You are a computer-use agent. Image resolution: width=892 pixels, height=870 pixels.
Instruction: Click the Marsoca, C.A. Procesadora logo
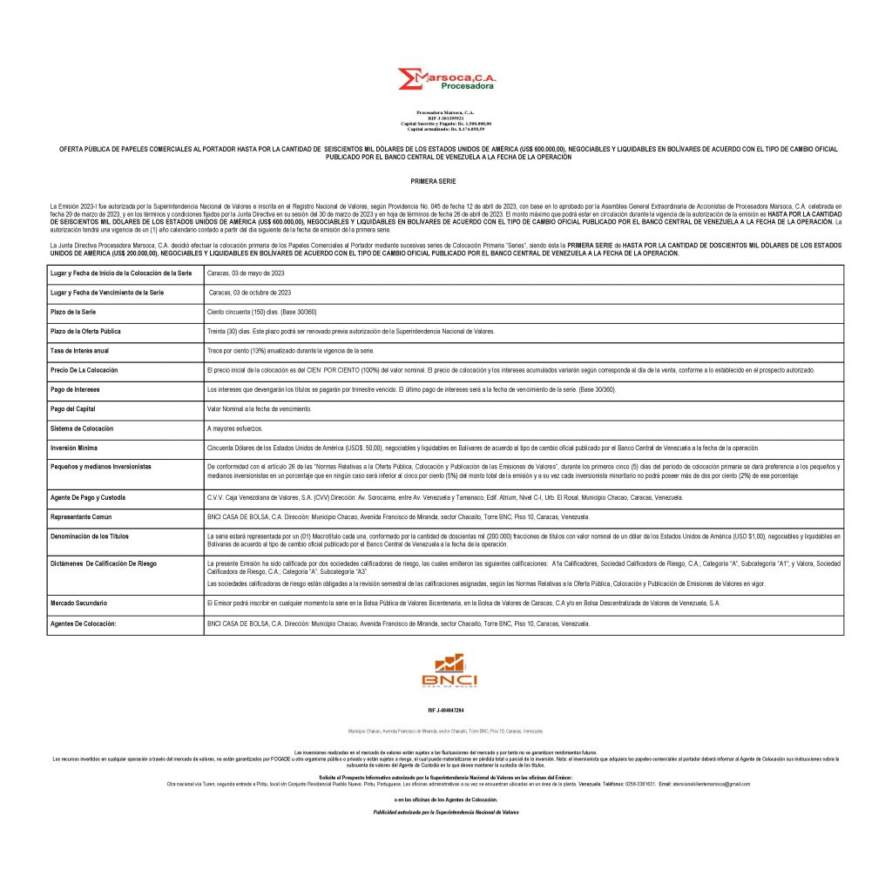click(445, 80)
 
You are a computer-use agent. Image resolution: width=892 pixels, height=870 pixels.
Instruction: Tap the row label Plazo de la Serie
click(73, 312)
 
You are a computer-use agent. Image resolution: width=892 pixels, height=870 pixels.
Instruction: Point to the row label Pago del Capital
click(73, 408)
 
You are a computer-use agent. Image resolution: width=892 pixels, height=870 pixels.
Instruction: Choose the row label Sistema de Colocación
click(81, 428)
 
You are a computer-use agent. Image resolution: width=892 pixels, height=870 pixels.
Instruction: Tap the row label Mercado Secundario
click(78, 603)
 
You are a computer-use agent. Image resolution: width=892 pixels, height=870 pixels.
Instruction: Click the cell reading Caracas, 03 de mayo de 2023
click(246, 273)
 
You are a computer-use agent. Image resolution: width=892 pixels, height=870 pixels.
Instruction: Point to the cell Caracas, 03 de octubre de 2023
click(248, 293)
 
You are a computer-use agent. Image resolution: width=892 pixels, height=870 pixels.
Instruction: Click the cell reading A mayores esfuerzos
click(234, 428)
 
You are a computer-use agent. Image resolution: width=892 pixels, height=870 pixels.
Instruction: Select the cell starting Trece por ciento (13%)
click(290, 350)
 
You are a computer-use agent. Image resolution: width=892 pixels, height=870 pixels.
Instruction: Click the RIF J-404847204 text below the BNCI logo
click(445, 711)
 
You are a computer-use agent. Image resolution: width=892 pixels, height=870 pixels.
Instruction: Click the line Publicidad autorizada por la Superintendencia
click(445, 812)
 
